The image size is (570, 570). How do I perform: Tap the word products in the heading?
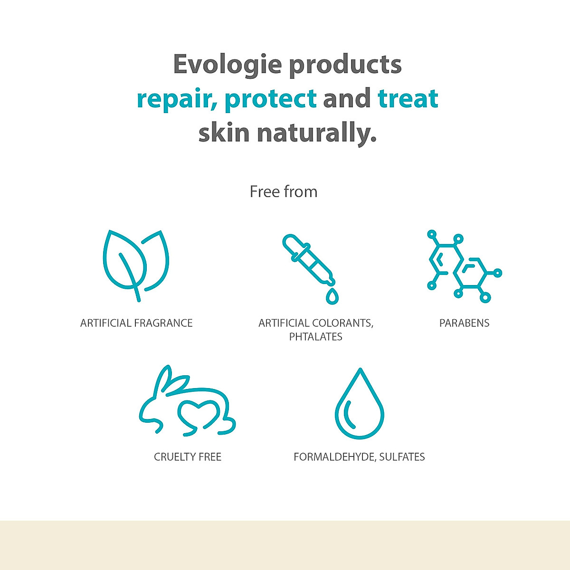coord(345,65)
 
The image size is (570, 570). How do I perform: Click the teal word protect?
coord(270,99)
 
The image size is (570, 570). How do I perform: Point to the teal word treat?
coord(408,99)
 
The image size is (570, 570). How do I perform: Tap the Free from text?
coord(284,192)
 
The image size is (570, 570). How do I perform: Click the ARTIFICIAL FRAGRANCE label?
coord(136,323)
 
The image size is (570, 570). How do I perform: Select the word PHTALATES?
coord(316,337)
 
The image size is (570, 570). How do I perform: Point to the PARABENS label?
coord(464,323)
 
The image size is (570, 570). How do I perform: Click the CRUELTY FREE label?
coord(188,457)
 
